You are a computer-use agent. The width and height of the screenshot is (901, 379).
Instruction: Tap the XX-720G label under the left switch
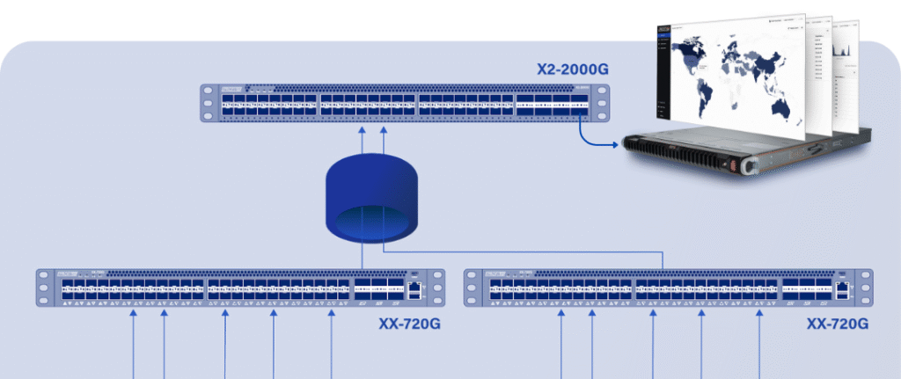[x=408, y=324]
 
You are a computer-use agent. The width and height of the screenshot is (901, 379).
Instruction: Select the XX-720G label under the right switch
[x=837, y=324]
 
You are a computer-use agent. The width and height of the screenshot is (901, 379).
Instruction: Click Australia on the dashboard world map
[x=779, y=107]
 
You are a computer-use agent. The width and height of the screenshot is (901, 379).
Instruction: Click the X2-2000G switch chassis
[x=405, y=103]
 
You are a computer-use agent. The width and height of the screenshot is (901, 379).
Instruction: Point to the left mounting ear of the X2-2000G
[x=207, y=103]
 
